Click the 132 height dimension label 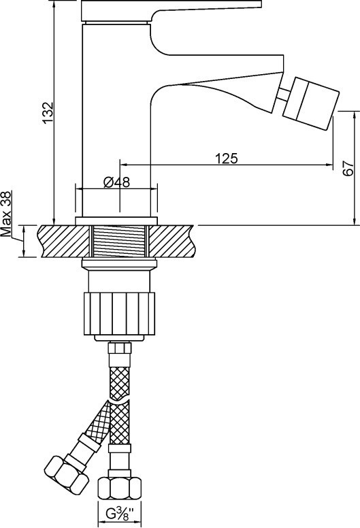tap(48, 112)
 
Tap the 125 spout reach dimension tap(227, 158)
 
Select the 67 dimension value tap(348, 168)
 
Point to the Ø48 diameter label tap(116, 182)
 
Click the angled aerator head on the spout tap(310, 103)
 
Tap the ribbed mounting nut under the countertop tap(119, 314)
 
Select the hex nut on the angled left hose tap(67, 474)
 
